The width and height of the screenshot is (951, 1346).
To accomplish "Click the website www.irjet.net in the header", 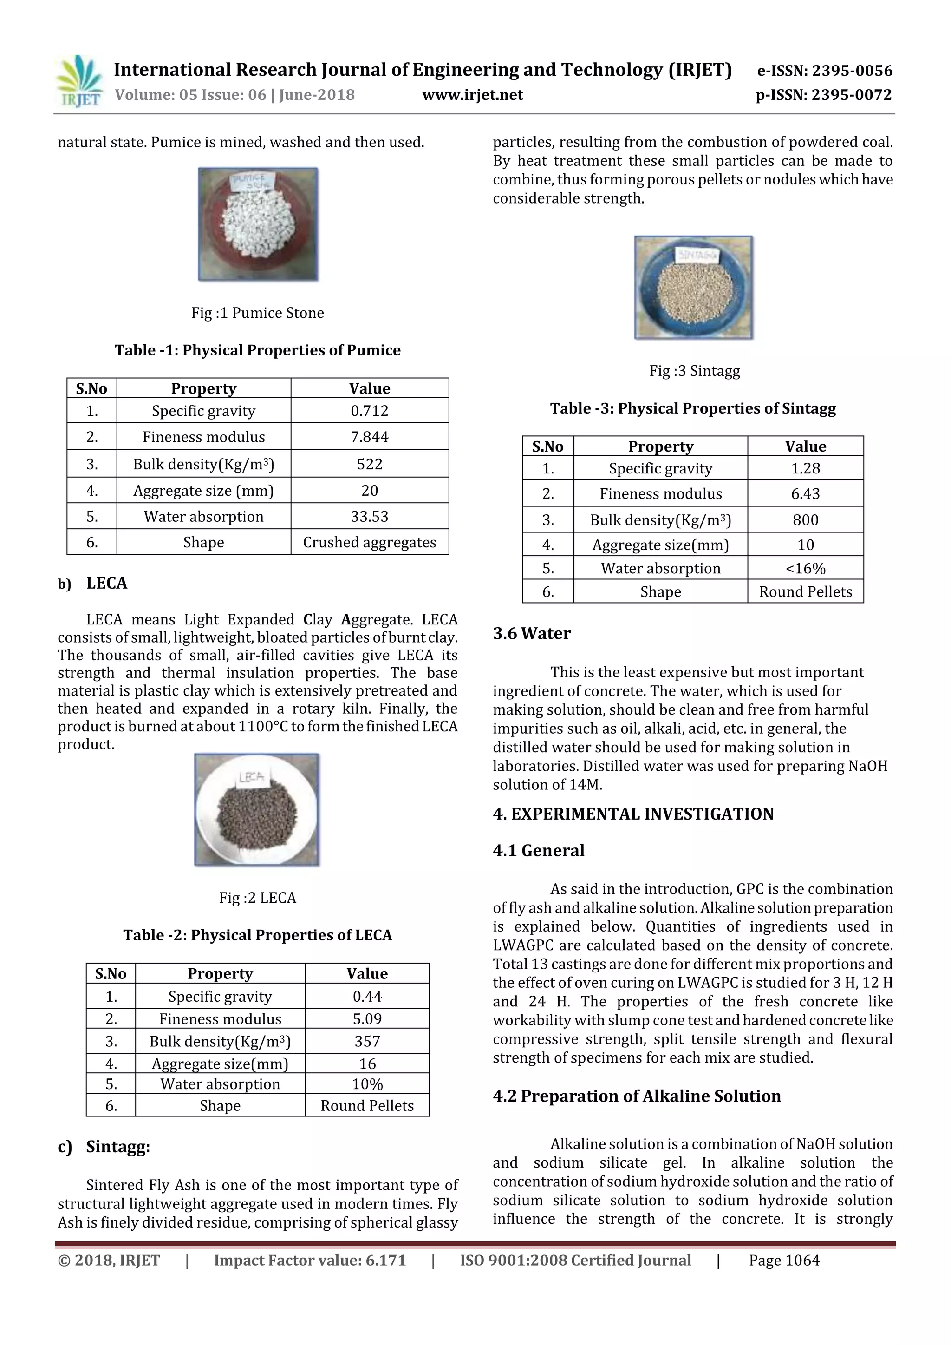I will point(472,95).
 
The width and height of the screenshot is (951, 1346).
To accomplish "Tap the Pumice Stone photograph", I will point(258,224).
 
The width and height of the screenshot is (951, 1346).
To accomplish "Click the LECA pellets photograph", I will point(257,809).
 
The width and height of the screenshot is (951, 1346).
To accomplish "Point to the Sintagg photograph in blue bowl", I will point(693,287).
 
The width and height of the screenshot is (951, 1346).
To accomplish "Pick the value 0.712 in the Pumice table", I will point(369,410).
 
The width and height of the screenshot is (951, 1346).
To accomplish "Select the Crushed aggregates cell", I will point(369,542).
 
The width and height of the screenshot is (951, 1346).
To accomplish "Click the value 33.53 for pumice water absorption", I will point(369,517).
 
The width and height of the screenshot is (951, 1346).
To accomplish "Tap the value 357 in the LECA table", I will point(367,1041).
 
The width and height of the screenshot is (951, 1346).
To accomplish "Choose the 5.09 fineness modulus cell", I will point(367,1019).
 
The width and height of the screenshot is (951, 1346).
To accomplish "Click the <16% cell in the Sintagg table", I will point(805,568).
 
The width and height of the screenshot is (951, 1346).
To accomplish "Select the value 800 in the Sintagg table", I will point(805,519).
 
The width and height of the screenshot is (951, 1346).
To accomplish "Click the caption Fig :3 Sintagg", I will point(694,370).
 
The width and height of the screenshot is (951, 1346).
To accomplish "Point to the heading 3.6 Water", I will point(532,633).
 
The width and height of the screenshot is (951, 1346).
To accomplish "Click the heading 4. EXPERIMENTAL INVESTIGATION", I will point(633,814).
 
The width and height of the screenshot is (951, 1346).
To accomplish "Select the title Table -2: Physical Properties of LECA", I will point(257,935).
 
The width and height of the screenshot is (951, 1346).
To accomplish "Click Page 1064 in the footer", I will point(784,1261).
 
